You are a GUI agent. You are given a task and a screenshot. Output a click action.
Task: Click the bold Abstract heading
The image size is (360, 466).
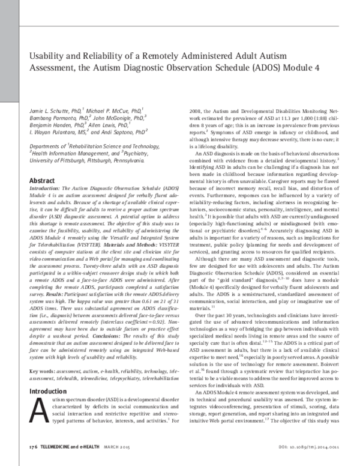coord(43,179)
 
